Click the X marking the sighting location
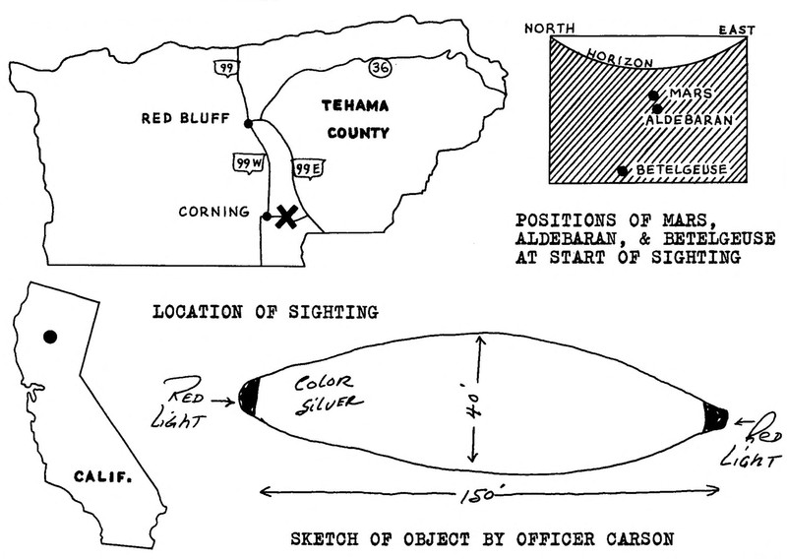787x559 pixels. pyautogui.click(x=285, y=217)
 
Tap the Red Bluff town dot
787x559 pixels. pyautogui.click(x=250, y=123)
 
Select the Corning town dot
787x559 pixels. pyautogui.click(x=267, y=217)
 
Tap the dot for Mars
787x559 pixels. pyautogui.click(x=653, y=94)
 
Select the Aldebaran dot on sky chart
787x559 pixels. pyautogui.click(x=656, y=107)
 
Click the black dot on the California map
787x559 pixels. pyautogui.click(x=50, y=337)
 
